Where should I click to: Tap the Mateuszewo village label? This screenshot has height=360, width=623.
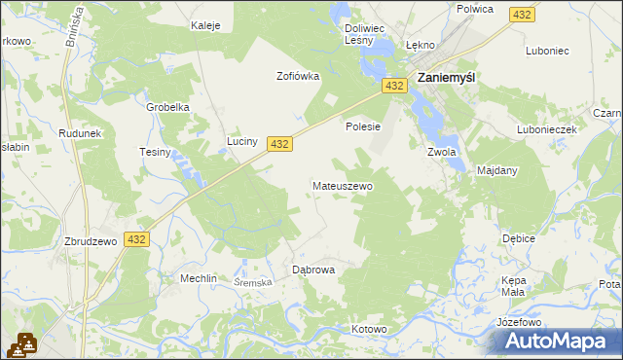[x=342, y=185]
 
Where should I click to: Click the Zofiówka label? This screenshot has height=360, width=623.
[x=298, y=76]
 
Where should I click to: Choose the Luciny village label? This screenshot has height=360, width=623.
[x=242, y=141]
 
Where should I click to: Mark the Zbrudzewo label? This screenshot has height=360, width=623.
[x=91, y=240]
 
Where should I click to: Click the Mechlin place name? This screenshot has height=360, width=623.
[x=198, y=278]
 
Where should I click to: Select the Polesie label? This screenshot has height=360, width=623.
[x=362, y=126]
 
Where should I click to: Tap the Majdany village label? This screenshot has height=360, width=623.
[x=497, y=170]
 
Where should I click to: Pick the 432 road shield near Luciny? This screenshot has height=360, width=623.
[x=279, y=143]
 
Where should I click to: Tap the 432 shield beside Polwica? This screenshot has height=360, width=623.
[x=523, y=14]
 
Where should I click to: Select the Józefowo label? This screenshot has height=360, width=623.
[x=518, y=321]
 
